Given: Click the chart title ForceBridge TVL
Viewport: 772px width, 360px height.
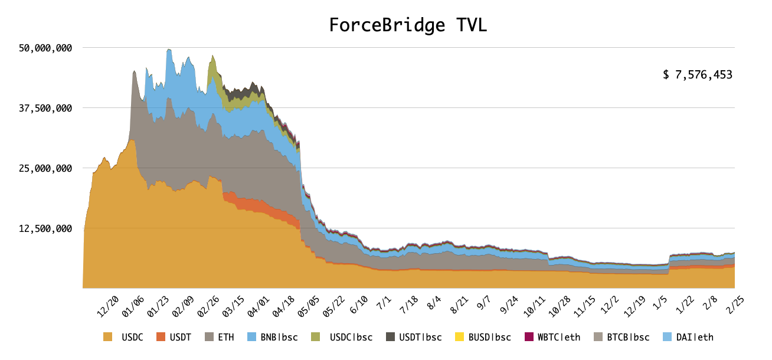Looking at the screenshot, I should coord(408,25).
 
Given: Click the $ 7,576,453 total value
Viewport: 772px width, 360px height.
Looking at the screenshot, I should coord(697,75).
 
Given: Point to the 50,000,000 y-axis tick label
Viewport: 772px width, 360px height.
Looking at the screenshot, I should coord(46,48).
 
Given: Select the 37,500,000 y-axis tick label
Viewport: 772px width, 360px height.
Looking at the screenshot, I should coord(46,108).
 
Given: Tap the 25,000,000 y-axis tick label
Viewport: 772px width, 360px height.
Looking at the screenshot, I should coord(46,168).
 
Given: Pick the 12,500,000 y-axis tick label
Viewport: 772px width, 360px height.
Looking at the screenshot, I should coord(46,228).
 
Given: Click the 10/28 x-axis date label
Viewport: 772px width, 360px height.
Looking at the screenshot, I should coord(560,306).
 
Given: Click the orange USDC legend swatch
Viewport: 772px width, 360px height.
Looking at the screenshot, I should coord(107,338).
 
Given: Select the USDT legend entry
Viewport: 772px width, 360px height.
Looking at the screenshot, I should coord(174,338).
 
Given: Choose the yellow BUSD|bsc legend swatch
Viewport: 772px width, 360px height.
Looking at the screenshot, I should coord(460,338).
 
